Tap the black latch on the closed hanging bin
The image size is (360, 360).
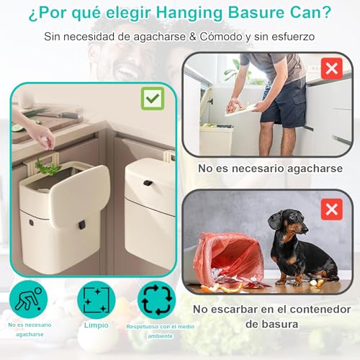coord(146,184)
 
